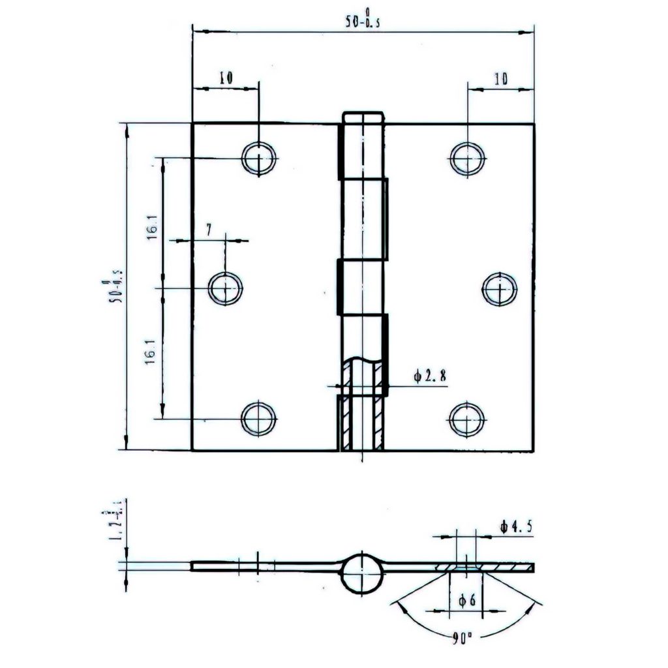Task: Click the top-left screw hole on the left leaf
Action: pyautogui.click(x=258, y=157)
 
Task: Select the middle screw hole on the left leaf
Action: pyautogui.click(x=225, y=288)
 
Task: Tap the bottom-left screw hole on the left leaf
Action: pyautogui.click(x=258, y=418)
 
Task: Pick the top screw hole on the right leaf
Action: pyautogui.click(x=467, y=157)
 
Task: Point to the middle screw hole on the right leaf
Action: pyautogui.click(x=500, y=288)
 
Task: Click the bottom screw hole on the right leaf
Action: pyautogui.click(x=467, y=418)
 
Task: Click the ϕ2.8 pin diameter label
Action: pyautogui.click(x=430, y=376)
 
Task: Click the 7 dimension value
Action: pyautogui.click(x=209, y=229)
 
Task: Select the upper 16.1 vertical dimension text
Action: pyautogui.click(x=151, y=230)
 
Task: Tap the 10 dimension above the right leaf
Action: pyautogui.click(x=501, y=79)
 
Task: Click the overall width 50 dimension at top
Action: pyautogui.click(x=363, y=20)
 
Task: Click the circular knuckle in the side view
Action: pyautogui.click(x=361, y=573)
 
